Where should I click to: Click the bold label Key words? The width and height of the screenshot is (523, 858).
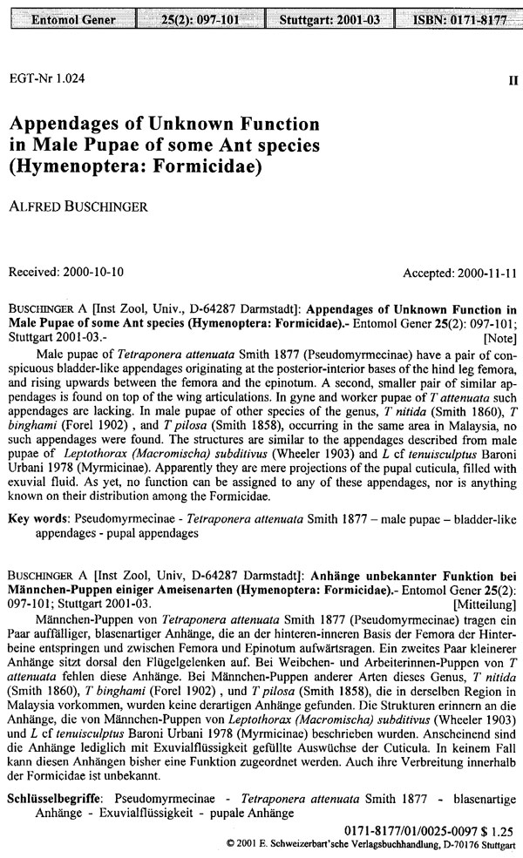36,518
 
